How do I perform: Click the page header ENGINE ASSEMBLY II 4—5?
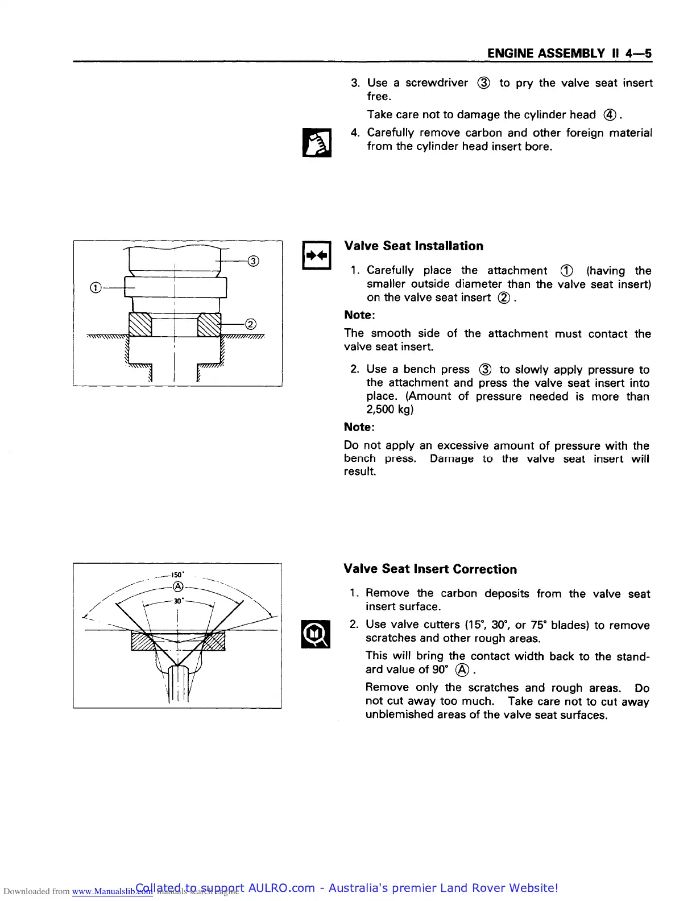[569, 53]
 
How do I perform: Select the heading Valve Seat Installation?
[413, 246]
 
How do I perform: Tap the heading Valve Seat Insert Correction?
[430, 569]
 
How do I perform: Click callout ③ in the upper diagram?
[254, 261]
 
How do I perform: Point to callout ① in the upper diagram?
[96, 288]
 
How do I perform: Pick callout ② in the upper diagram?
[250, 324]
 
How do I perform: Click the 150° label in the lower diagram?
[177, 575]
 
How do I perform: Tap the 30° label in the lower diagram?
[178, 601]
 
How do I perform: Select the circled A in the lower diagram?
[178, 586]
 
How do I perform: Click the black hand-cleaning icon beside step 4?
[317, 142]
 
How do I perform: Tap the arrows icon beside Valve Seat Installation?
[317, 256]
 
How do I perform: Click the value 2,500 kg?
[390, 410]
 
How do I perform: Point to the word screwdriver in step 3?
[437, 83]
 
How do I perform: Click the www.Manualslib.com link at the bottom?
[112, 891]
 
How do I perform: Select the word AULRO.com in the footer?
[281, 888]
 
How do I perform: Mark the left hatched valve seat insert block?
[140, 325]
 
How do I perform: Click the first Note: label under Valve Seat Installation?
[359, 315]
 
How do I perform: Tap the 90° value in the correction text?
[440, 669]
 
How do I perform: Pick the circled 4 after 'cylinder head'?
[610, 115]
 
